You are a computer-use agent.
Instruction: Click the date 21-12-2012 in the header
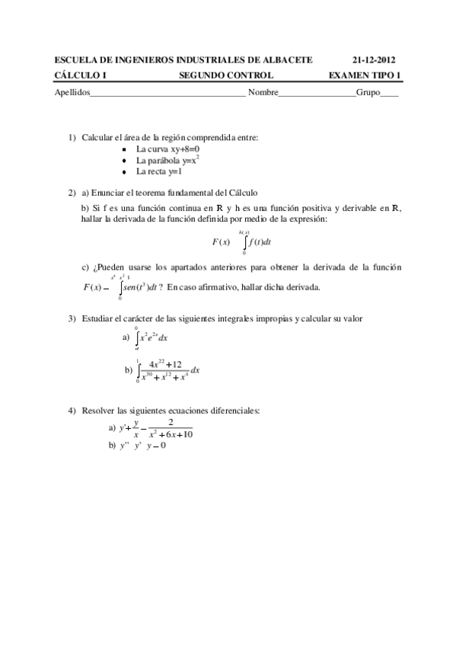pyautogui.click(x=374, y=60)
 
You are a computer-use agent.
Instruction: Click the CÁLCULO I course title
pyautogui.click(x=81, y=75)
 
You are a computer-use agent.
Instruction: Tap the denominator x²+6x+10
pyautogui.click(x=171, y=434)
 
